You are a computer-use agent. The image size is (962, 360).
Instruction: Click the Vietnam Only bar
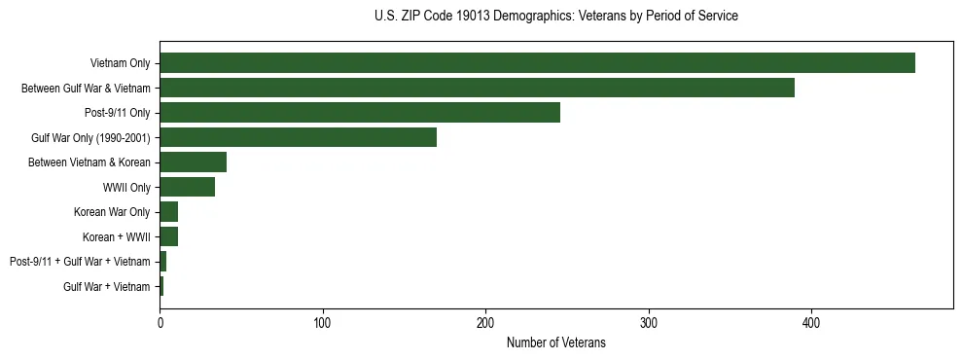[537, 63]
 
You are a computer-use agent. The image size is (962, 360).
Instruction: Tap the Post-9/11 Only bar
[360, 113]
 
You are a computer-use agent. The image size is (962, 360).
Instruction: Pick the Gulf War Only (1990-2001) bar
[298, 137]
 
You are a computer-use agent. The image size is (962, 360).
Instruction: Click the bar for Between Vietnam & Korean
[193, 162]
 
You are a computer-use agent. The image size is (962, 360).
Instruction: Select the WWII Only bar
[187, 187]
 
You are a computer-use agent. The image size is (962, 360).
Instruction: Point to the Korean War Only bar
[168, 212]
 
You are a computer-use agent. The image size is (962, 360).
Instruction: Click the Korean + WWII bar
[168, 236]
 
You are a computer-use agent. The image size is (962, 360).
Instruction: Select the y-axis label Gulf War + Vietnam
[107, 286]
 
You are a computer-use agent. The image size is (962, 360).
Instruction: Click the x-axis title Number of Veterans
[555, 342]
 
